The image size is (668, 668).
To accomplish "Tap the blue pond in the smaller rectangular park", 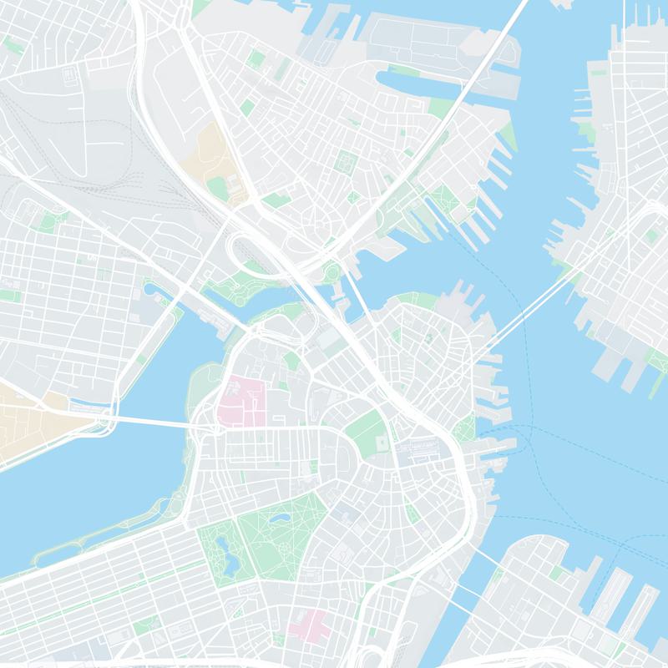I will coord(223,551).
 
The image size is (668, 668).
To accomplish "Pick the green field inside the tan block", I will coord(219,185).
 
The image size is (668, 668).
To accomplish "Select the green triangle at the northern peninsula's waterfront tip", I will coord(509,138).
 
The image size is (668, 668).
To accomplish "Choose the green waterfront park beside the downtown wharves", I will coord(464,429).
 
